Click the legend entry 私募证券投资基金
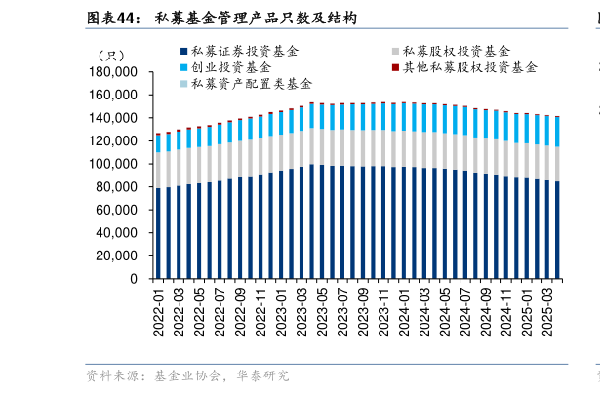[x=245, y=51]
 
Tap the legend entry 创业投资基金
[x=231, y=67]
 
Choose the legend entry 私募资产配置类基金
[x=252, y=84]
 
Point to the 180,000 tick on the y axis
[x=113, y=72]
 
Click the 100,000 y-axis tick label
[x=113, y=164]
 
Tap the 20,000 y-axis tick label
[x=117, y=256]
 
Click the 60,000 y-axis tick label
[x=117, y=210]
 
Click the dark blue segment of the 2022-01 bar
[x=158, y=234]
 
